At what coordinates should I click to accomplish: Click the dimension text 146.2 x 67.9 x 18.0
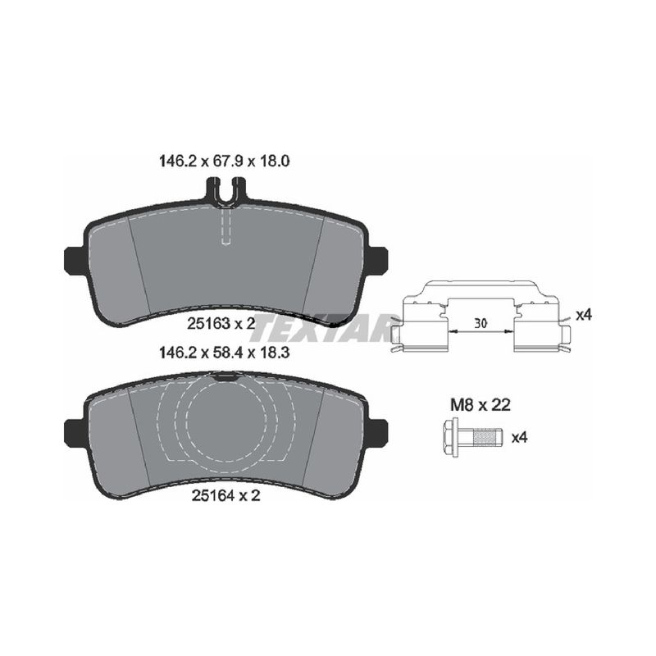(224, 161)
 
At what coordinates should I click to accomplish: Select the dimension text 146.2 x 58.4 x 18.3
(224, 353)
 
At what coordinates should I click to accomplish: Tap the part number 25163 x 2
(221, 323)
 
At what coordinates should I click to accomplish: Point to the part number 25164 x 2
(226, 495)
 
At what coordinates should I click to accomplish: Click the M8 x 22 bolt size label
(481, 404)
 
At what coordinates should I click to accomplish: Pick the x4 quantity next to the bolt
(520, 438)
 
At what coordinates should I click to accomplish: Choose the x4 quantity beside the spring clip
(584, 315)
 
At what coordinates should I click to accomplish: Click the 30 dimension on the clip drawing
(481, 323)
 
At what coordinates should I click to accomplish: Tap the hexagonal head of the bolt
(450, 437)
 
